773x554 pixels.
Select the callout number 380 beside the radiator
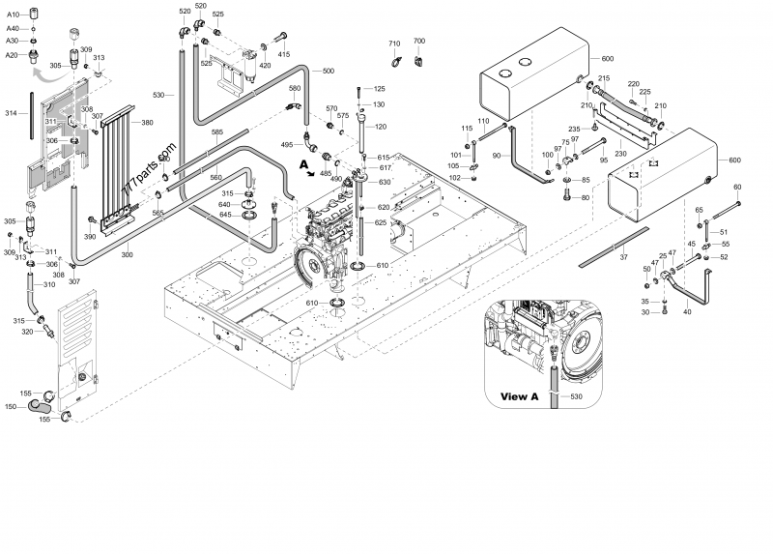click(x=147, y=123)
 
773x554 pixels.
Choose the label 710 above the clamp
click(x=394, y=44)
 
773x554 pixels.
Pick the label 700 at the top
click(x=419, y=41)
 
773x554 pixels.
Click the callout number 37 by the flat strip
click(x=624, y=256)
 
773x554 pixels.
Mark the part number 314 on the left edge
click(x=12, y=113)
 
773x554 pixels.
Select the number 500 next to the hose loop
click(x=329, y=72)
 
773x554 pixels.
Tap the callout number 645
click(x=224, y=215)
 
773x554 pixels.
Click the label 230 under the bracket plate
click(x=620, y=154)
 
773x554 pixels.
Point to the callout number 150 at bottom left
click(x=11, y=406)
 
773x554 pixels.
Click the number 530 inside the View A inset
click(x=577, y=397)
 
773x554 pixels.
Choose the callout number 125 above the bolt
click(x=379, y=89)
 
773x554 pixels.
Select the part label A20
click(x=12, y=55)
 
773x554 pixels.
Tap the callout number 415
click(x=284, y=55)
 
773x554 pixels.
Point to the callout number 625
click(x=381, y=223)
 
